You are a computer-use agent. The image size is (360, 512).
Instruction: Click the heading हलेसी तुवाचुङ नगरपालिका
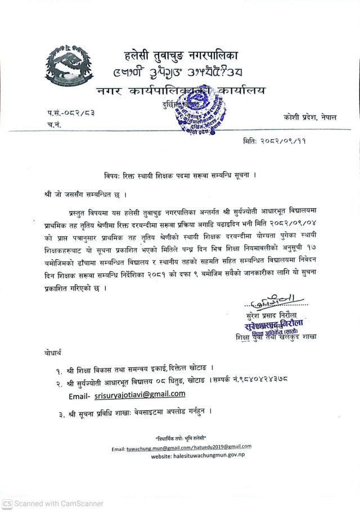(x=181, y=56)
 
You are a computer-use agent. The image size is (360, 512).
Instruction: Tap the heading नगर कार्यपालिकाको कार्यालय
(x=180, y=91)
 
